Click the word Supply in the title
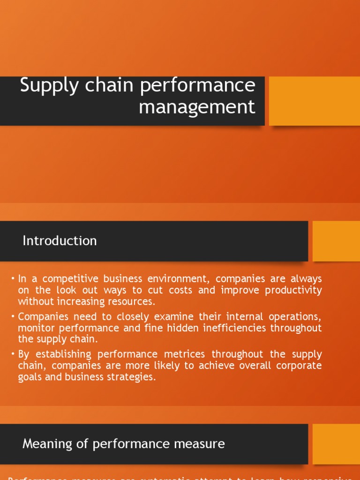tap(49, 87)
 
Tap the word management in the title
tap(197, 107)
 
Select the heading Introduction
tap(60, 241)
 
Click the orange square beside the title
tap(314, 101)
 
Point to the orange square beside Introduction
tap(336, 241)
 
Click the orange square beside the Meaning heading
tap(336, 444)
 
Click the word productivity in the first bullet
tap(293, 290)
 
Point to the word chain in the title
tap(104, 86)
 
